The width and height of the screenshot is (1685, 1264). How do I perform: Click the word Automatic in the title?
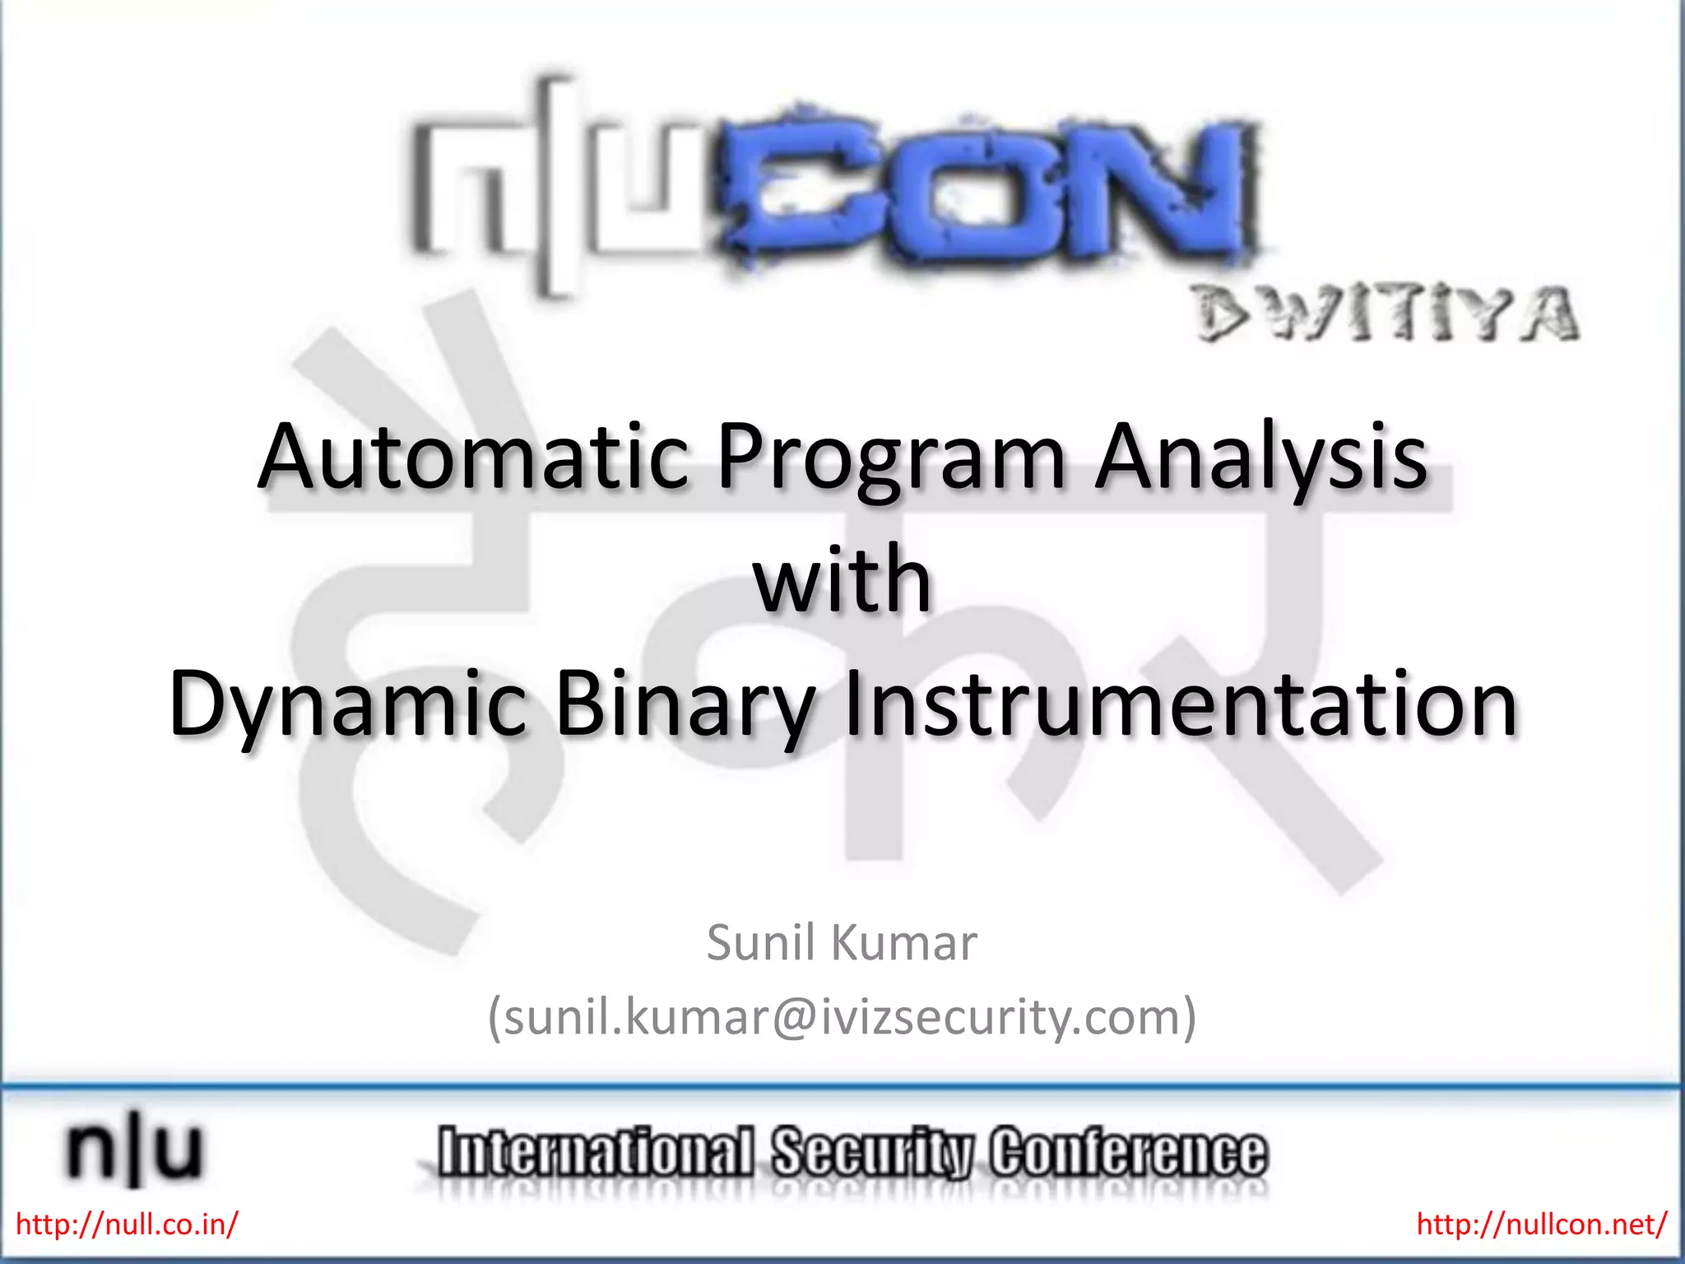tap(473, 457)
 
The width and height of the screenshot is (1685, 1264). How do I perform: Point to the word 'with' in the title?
tap(842, 580)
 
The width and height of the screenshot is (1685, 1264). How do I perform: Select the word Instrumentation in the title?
tap(1180, 704)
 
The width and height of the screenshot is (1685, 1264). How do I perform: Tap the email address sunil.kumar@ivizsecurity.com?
tap(842, 1017)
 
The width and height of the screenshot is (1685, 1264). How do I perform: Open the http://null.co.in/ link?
tap(127, 1224)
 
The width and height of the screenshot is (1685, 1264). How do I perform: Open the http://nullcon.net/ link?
tap(1541, 1224)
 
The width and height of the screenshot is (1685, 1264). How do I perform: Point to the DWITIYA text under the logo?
tap(1386, 314)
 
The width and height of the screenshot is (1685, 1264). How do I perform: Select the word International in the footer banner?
tap(596, 1152)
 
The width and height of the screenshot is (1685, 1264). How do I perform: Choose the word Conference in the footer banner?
tap(1128, 1152)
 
